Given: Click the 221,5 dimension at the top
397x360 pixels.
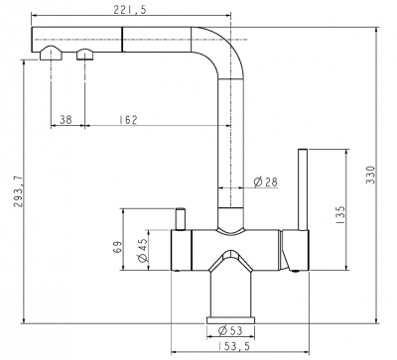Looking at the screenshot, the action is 130,10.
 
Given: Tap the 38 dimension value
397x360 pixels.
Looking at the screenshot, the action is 66,119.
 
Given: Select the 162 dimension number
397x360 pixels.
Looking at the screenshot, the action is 128,119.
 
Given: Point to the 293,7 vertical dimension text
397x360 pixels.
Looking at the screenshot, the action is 19,191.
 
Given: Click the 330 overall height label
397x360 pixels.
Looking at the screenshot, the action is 371,175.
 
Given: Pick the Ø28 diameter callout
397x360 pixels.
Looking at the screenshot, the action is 265,181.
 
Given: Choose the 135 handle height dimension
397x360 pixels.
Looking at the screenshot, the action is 339,215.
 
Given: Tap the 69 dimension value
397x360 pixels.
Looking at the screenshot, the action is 117,247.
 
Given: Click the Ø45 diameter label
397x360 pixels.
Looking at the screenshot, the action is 142,250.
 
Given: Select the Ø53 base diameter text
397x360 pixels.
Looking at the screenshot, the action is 230,330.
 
